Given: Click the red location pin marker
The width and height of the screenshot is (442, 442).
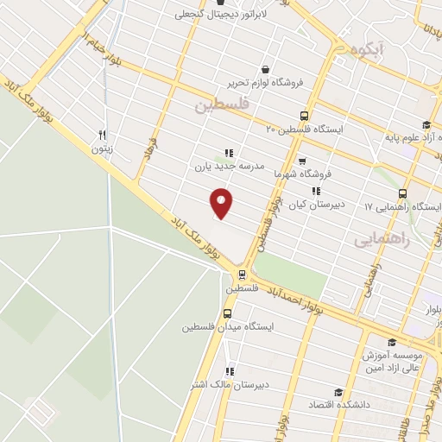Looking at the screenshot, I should point(222,204).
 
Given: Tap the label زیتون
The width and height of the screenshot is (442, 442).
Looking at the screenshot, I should point(103,148).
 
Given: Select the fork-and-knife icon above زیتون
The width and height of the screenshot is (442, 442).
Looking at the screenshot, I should point(102,135).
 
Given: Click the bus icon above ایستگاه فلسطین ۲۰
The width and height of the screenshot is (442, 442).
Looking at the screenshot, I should point(303,116).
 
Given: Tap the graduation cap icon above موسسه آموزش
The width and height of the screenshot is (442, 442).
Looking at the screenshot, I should point(393,342).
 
